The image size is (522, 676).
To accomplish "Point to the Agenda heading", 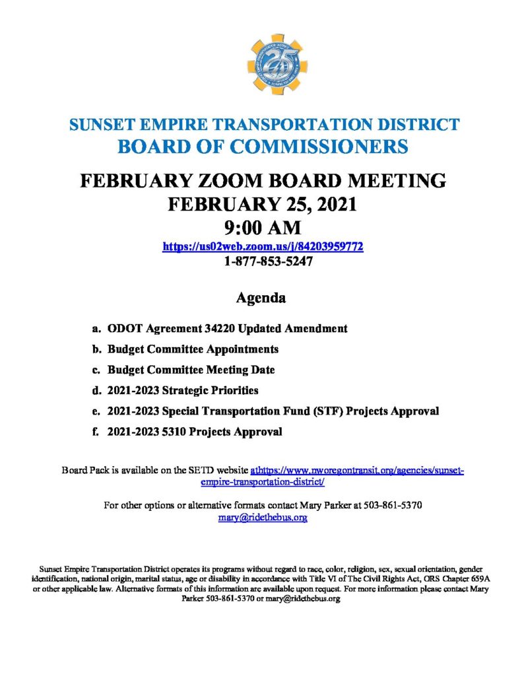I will [261, 298].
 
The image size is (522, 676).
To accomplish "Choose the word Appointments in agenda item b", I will [241, 349].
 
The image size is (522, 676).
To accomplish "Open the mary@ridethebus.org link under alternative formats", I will [263, 518].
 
